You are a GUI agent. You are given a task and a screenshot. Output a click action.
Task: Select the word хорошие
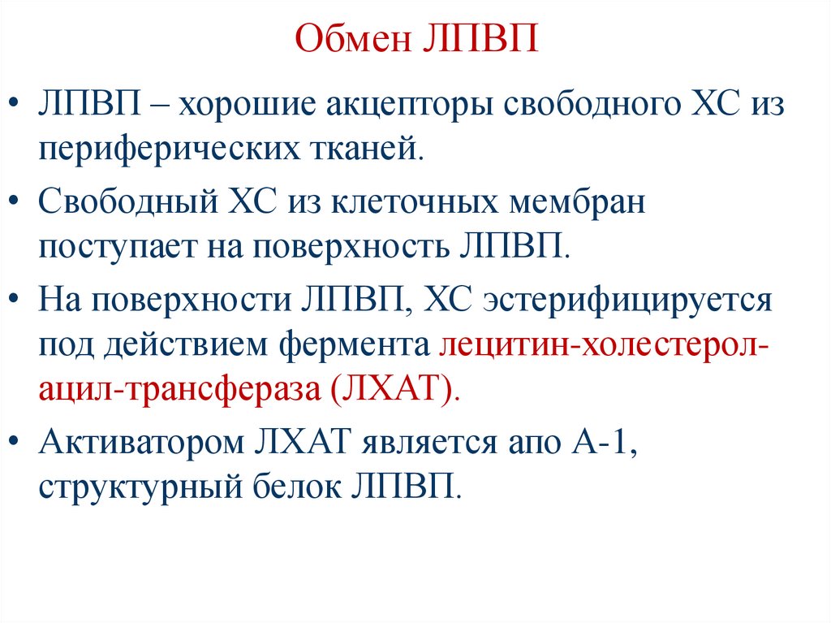(x=247, y=106)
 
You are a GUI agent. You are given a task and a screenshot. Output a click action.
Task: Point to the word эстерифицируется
(x=627, y=301)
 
